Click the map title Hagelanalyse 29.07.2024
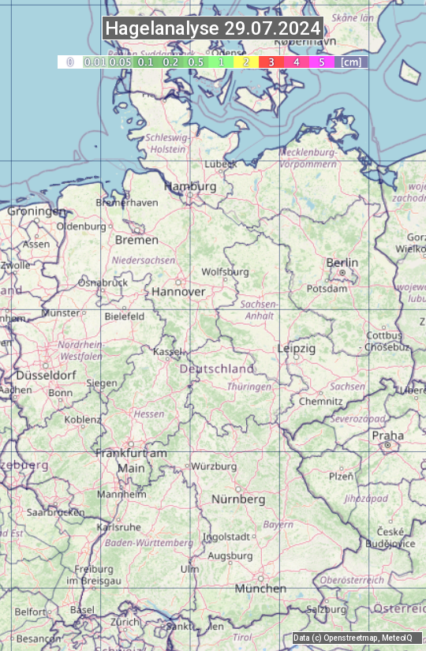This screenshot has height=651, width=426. [x=213, y=28]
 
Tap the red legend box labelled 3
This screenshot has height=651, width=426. [x=271, y=62]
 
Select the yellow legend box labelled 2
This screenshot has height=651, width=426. [x=245, y=62]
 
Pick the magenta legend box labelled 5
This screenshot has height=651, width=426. [x=321, y=62]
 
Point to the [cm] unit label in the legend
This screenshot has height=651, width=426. [x=351, y=62]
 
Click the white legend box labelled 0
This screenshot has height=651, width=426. [x=69, y=62]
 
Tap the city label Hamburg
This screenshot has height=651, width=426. [x=190, y=187]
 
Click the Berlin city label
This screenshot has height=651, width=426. [x=342, y=263]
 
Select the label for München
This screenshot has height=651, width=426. [x=260, y=589]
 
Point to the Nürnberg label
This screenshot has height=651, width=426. [x=238, y=499]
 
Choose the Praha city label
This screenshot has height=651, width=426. [x=388, y=436]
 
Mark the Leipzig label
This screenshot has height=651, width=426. [x=297, y=348]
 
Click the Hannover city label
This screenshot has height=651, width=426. [x=178, y=291]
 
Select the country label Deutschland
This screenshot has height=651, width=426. [x=217, y=369]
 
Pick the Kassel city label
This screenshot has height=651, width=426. [x=167, y=351]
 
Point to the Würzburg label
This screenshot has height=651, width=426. [x=214, y=466]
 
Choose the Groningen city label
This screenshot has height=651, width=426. [x=36, y=211]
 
